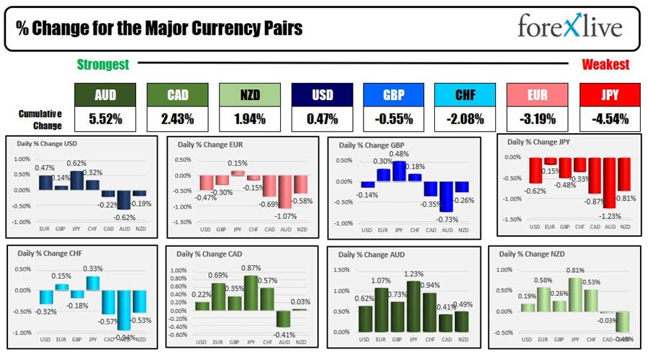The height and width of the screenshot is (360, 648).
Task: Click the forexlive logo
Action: coord(570,27)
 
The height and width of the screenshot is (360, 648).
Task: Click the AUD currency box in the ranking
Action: coord(106,94)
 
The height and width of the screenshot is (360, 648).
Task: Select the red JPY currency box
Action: coord(609,94)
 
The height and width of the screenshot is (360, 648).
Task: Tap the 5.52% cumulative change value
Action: coord(106,119)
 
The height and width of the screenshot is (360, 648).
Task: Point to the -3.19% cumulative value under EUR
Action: coord(537,119)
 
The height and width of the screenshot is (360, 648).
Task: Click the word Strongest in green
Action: coord(103,65)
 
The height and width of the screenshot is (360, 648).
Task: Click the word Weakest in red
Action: coord(606,65)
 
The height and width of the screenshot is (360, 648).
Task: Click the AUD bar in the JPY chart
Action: coord(609,182)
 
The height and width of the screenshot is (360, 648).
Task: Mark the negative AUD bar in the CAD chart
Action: coord(284,318)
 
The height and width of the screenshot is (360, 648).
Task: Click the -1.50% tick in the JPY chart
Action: coord(512,220)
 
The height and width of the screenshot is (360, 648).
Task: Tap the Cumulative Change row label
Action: coord(40,119)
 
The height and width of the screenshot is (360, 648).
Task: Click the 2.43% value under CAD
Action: coord(177,119)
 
